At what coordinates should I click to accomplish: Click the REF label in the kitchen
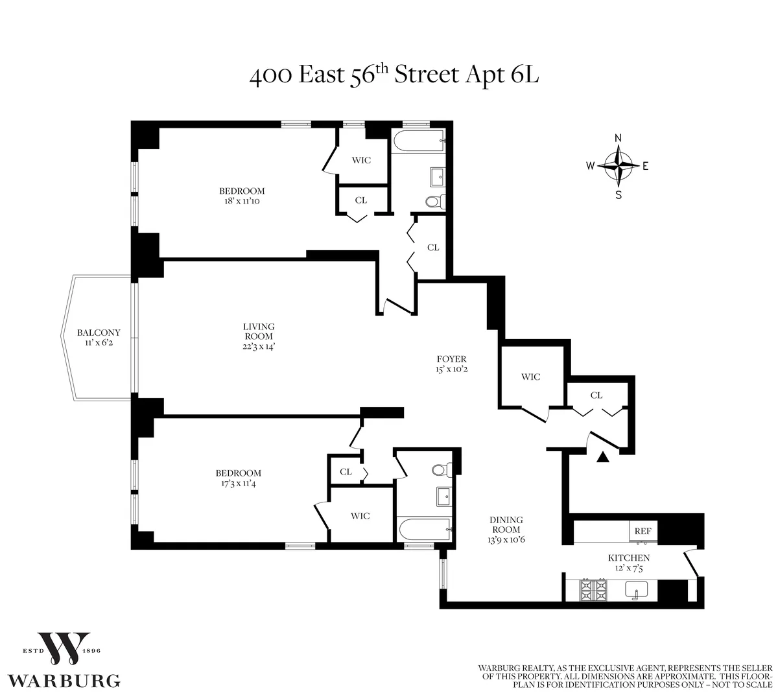click(x=642, y=531)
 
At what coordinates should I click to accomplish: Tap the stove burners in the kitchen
click(x=593, y=589)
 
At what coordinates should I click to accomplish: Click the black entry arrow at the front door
click(x=603, y=458)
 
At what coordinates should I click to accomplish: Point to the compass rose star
click(x=619, y=165)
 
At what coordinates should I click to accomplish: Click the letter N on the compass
click(x=619, y=138)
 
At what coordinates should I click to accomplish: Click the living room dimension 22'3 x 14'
click(x=259, y=346)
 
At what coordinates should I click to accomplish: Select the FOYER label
click(x=451, y=359)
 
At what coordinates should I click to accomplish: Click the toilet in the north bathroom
click(x=434, y=202)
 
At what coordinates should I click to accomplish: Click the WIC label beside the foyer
click(x=530, y=377)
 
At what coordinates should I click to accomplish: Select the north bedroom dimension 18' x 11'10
click(x=242, y=201)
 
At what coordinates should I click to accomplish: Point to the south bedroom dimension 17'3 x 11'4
click(x=239, y=483)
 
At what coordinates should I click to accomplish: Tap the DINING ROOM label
click(x=506, y=524)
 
